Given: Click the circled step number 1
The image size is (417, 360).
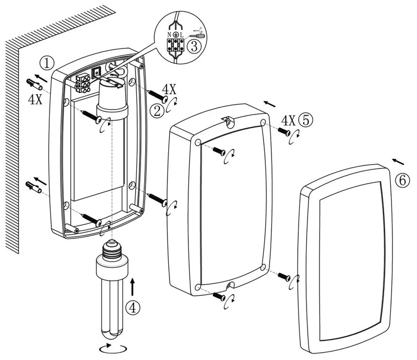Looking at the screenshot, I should click(x=47, y=63).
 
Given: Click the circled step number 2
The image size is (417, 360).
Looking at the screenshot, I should click(x=157, y=110).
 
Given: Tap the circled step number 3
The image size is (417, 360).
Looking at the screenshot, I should click(x=194, y=46).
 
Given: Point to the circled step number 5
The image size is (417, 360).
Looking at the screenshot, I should click(x=306, y=120).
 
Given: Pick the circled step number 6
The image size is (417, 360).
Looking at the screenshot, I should click(x=402, y=180).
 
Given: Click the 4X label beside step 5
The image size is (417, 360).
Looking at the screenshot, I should click(x=288, y=120).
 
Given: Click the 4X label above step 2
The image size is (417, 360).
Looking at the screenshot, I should click(x=169, y=89).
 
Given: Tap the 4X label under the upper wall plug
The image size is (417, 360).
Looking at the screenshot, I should click(x=35, y=100).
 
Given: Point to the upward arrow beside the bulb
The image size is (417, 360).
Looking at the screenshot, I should click(x=132, y=286).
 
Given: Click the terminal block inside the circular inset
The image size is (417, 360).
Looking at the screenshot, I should click(x=176, y=45).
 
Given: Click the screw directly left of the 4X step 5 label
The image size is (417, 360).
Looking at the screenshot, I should click(x=284, y=131).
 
